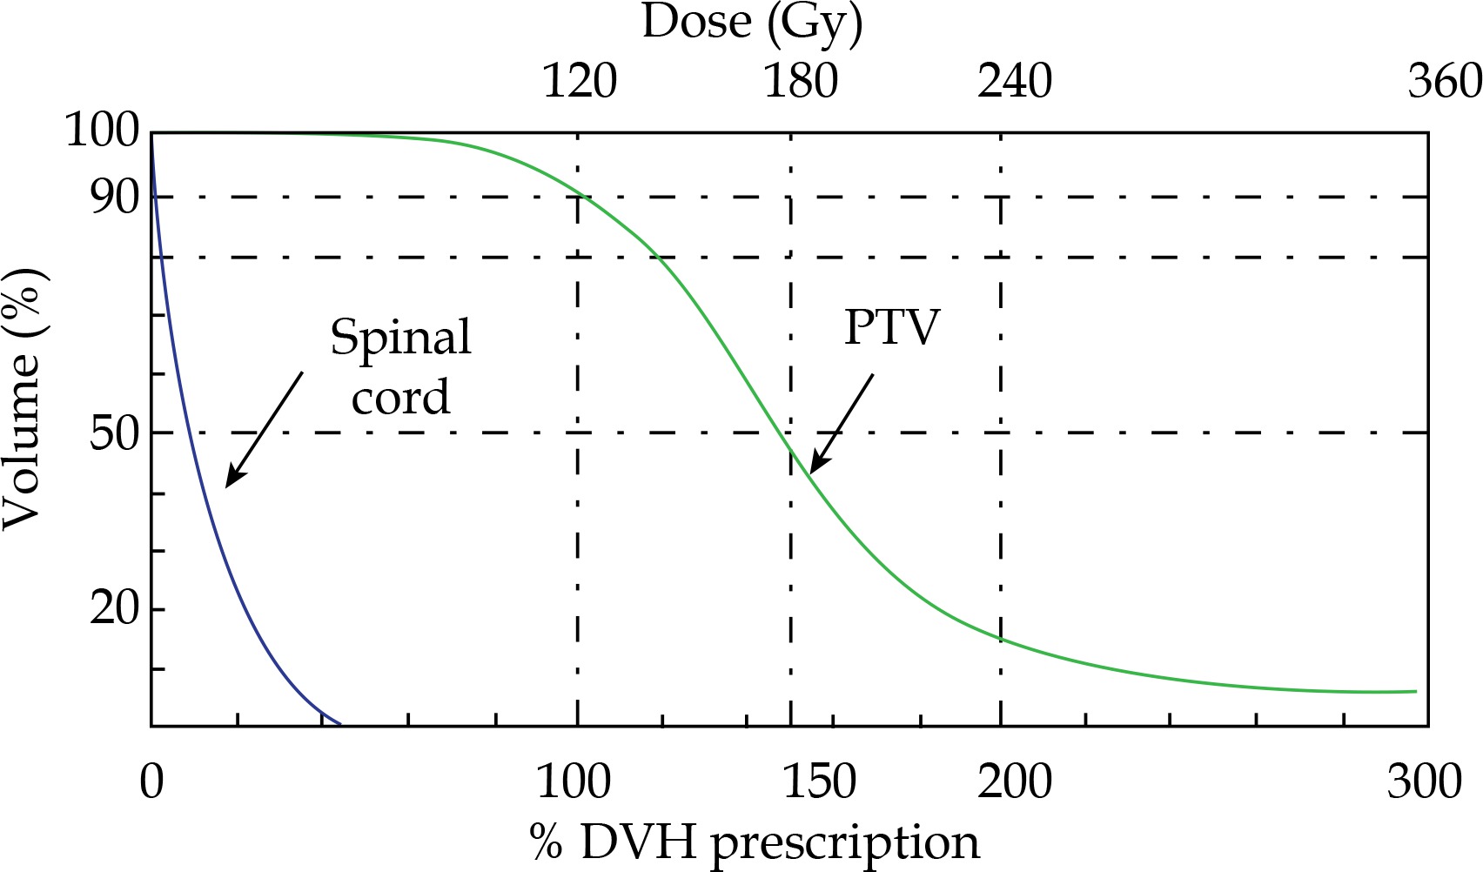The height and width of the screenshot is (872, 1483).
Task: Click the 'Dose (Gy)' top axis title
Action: click(x=752, y=23)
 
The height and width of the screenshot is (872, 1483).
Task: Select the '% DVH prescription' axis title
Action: click(x=754, y=843)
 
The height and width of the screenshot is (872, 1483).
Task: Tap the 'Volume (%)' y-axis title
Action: click(x=23, y=399)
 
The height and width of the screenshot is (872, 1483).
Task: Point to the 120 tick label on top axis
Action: click(x=580, y=82)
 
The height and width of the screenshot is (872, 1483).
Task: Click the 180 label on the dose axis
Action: click(x=801, y=82)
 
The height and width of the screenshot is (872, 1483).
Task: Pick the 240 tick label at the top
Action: click(x=1015, y=82)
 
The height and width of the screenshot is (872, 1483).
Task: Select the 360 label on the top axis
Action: click(x=1445, y=82)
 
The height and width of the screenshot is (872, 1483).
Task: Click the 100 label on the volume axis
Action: click(x=102, y=132)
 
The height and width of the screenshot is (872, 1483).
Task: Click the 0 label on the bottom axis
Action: click(x=151, y=781)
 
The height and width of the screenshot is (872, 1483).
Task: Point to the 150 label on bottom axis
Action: click(x=820, y=781)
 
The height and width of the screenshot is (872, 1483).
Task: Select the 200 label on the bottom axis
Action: click(x=1015, y=781)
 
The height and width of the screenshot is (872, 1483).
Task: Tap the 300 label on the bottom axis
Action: click(x=1425, y=781)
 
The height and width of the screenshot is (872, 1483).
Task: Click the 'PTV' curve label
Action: click(x=892, y=328)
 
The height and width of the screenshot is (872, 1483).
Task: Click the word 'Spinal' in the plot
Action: click(x=400, y=338)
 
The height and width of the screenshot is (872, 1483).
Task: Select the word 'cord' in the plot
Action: click(x=400, y=397)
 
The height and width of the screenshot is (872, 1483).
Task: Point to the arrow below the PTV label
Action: click(x=841, y=424)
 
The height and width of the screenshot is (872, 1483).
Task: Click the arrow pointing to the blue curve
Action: click(x=264, y=429)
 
